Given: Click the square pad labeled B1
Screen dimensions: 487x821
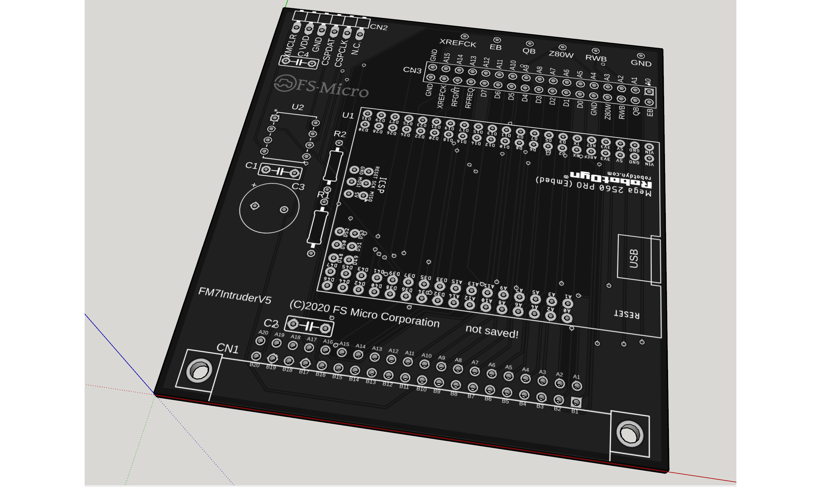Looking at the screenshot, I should pos(576,402).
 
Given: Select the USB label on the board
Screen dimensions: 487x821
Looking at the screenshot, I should pos(634,258).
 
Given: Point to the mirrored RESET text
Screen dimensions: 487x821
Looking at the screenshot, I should pos(626,315).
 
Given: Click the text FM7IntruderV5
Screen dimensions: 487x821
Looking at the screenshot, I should pos(235,295).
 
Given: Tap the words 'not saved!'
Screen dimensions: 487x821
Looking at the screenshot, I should pos(492,331).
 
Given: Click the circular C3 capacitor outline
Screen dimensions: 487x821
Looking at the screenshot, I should pos(269,208).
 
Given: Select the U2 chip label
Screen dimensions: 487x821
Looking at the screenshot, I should pos(297,107).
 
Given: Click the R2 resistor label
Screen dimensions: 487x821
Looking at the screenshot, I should pos(340,134).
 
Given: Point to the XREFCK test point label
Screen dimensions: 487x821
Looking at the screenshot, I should pos(458,43).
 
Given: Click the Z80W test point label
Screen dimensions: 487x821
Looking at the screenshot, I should pos(561,54).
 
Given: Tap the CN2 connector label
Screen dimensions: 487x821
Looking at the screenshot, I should pos(379,27).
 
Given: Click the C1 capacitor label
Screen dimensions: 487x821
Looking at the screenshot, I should pos(251,165).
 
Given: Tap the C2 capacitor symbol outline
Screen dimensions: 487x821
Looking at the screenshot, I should pos(309,326).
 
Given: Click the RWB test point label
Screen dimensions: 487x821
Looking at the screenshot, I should pos(596,58).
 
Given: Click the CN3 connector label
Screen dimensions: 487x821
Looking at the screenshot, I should pos(412,70).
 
